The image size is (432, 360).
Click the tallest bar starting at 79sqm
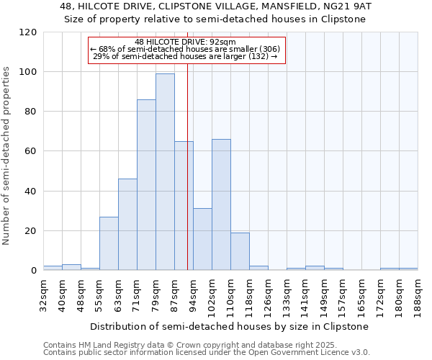[165, 171]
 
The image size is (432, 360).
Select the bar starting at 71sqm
[146, 184]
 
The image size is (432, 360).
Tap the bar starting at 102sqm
[221, 204]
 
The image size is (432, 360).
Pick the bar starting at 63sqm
[127, 224]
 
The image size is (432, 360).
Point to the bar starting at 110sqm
[240, 251]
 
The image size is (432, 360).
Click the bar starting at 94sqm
[202, 239]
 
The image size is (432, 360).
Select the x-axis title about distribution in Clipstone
[230, 326]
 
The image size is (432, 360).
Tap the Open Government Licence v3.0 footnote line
[207, 353]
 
